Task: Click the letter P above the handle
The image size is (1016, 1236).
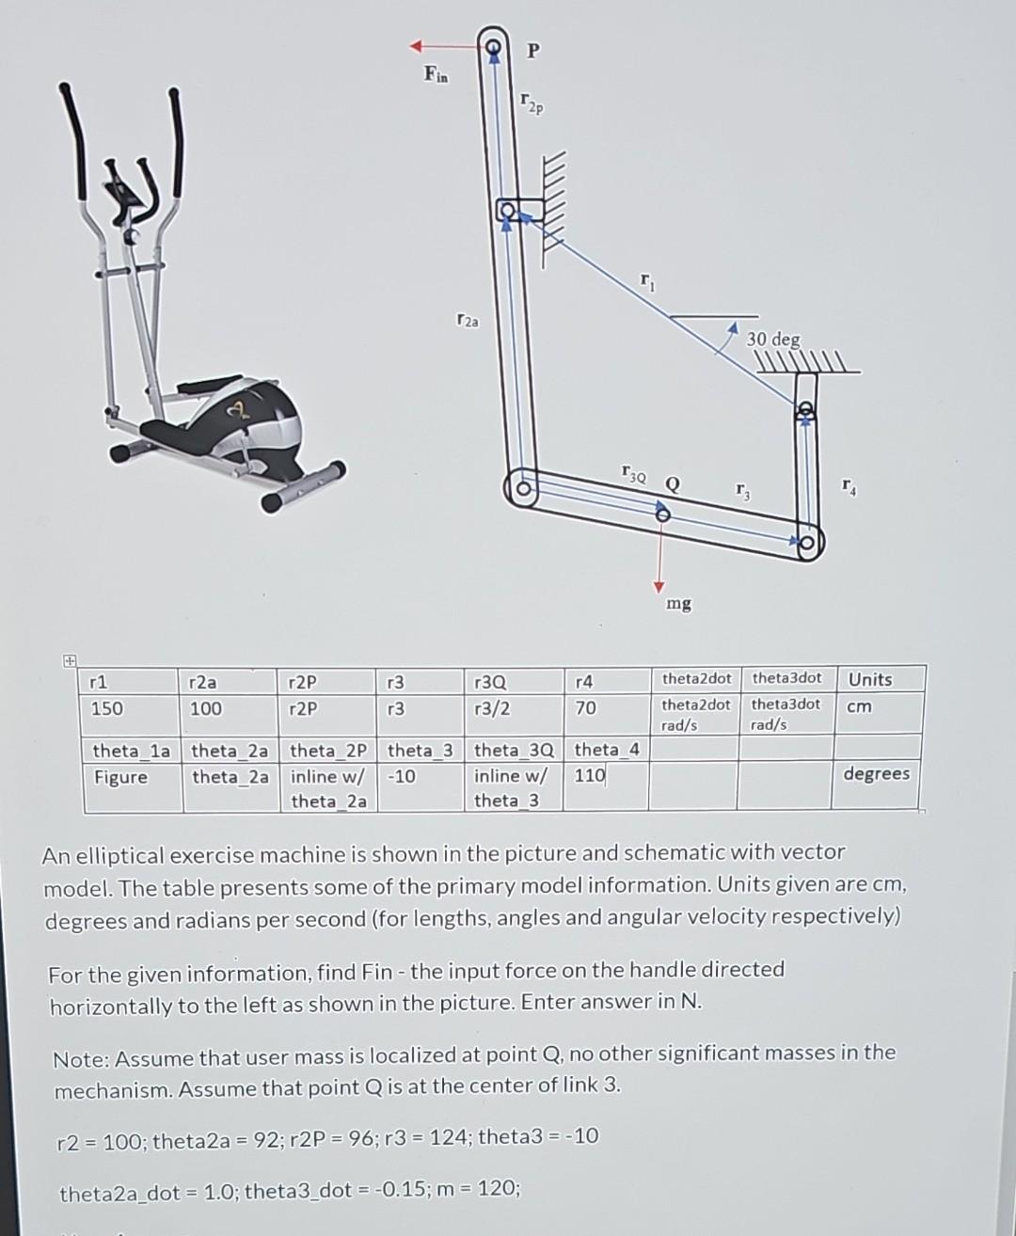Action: point(532,51)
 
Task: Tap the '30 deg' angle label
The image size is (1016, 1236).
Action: point(773,339)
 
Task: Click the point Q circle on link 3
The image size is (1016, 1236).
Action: point(663,515)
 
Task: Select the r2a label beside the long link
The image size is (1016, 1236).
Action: point(466,322)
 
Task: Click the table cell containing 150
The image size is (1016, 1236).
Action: point(106,708)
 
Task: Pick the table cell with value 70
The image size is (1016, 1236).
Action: point(585,707)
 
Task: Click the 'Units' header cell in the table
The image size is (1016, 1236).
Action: point(870,679)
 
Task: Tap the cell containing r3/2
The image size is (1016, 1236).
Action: point(492,707)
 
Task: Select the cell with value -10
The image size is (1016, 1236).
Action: point(401,777)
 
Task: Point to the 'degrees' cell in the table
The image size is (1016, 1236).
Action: point(876,773)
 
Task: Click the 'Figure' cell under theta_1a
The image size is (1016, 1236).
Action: point(120,777)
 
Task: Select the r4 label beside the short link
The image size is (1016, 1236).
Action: point(849,486)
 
